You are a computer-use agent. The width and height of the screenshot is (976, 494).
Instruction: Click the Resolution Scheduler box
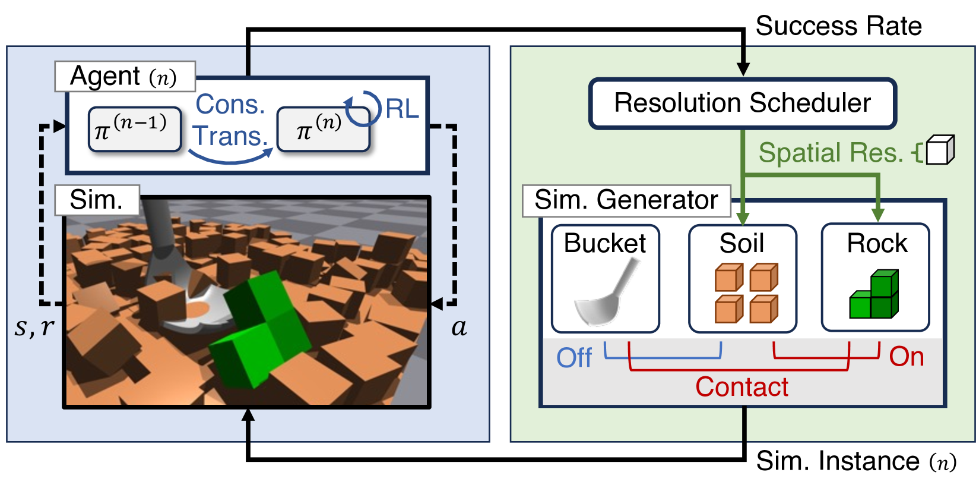click(743, 103)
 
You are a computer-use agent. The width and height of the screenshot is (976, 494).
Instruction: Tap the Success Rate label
click(838, 26)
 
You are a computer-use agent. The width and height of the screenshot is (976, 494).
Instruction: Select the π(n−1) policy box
click(135, 129)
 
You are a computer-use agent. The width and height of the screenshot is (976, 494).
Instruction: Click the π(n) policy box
click(324, 130)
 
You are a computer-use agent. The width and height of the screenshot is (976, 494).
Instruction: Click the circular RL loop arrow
click(363, 109)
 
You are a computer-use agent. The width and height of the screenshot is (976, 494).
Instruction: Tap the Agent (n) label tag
click(125, 76)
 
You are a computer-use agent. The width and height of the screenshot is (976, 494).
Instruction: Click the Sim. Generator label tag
click(626, 200)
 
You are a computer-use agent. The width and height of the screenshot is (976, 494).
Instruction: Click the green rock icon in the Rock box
click(874, 294)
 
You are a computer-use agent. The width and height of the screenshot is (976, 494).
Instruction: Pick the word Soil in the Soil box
click(741, 243)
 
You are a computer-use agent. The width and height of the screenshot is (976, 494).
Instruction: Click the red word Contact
click(741, 386)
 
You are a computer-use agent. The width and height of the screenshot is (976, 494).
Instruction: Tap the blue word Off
click(574, 358)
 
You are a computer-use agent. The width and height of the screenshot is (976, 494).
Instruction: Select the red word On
click(907, 357)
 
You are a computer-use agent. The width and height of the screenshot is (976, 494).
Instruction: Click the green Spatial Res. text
click(831, 153)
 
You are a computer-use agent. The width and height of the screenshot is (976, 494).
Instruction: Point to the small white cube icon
click(940, 150)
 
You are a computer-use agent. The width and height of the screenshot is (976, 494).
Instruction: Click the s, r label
click(34, 327)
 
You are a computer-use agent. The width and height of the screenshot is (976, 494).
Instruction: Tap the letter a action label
click(460, 328)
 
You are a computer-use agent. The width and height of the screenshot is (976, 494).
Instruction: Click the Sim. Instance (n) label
click(856, 461)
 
